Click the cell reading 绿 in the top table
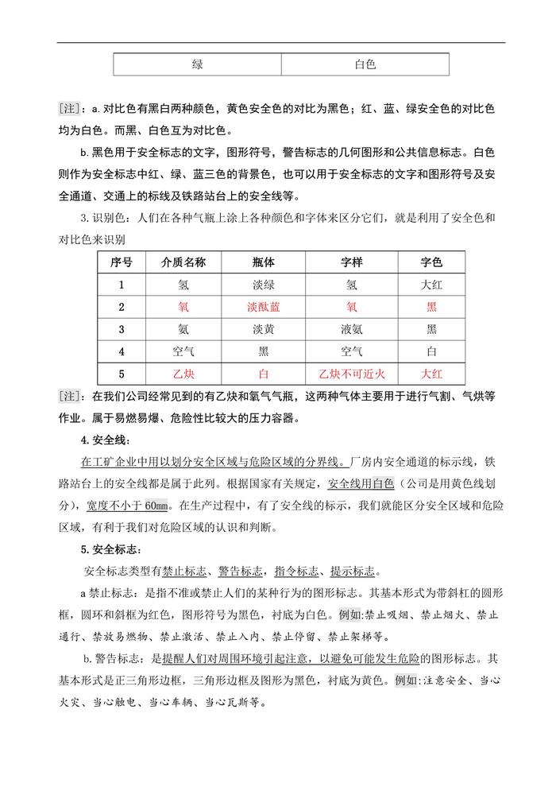pos(197,64)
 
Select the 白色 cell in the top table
pos(365,64)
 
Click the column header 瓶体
pos(266,263)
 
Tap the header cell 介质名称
pos(183,263)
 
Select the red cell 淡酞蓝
pos(266,307)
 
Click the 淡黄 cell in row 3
pos(266,328)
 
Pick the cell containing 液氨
pos(352,328)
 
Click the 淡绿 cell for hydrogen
pos(266,285)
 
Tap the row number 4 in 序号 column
pos(122,351)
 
